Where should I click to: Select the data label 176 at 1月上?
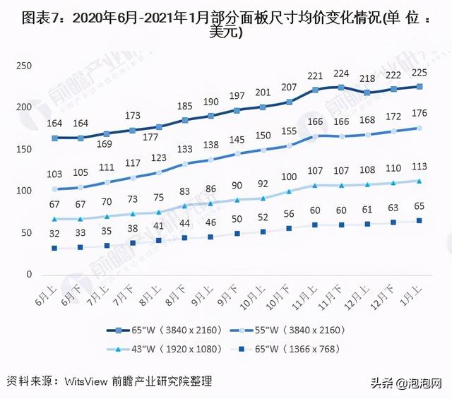(x=420, y=113)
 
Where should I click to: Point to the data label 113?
(x=420, y=167)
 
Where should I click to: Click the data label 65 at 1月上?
(x=420, y=206)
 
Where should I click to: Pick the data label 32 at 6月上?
(x=54, y=234)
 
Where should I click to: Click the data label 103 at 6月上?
(x=54, y=174)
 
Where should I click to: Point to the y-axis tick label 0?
(x=30, y=275)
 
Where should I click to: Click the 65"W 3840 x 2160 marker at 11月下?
(x=341, y=88)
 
